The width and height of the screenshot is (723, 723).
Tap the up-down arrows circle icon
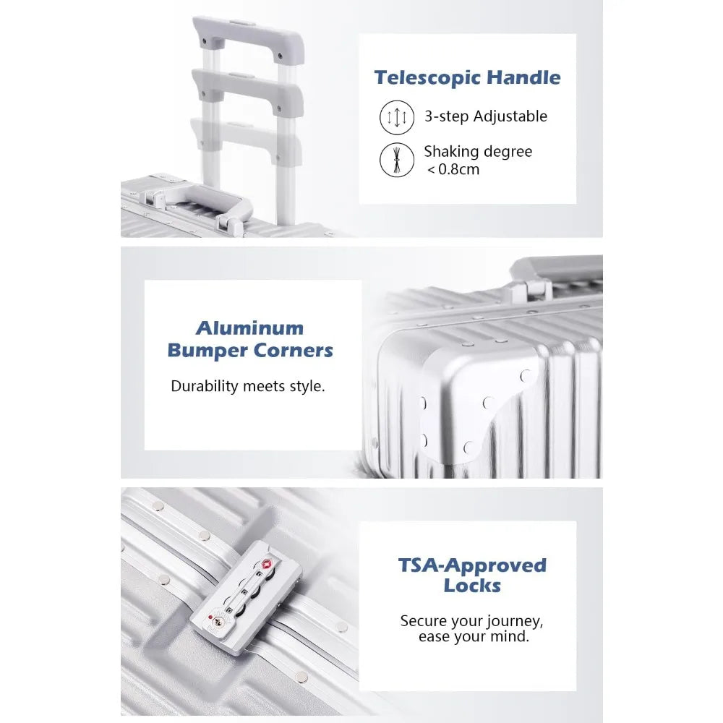coord(396,117)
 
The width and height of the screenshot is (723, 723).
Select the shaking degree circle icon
coord(396,160)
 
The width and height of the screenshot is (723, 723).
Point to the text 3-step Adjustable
coord(486,116)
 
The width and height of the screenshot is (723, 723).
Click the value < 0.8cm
coord(453,169)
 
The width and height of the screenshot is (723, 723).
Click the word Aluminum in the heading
coord(250,328)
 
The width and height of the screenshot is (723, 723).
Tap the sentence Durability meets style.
coord(248,386)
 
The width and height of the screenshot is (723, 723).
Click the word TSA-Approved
coord(472,565)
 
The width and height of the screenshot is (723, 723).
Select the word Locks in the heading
coord(472,586)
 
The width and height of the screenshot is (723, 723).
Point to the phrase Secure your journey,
coord(471,621)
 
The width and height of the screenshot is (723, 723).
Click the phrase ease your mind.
coord(474,637)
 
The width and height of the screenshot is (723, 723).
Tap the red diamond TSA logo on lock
coord(266,565)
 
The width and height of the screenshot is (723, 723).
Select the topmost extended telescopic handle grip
coord(248,38)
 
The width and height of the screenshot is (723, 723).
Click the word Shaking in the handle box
coord(445,152)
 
